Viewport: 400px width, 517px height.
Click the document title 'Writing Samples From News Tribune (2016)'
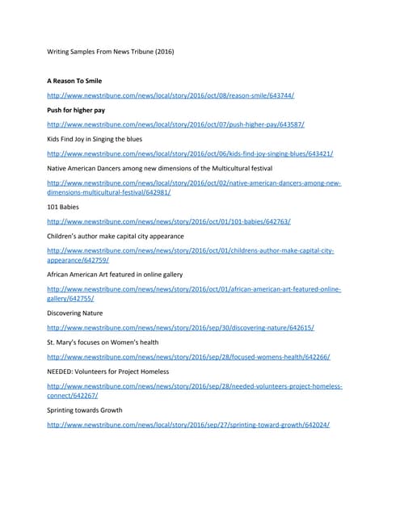pos(110,52)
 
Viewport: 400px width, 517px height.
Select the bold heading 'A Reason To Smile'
pos(74,81)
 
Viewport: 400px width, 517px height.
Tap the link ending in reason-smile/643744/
pos(170,95)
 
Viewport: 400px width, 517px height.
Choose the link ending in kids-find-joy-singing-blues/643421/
pos(190,153)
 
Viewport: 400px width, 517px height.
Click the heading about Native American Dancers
pos(159,168)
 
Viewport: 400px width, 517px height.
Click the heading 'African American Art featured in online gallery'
pos(115,275)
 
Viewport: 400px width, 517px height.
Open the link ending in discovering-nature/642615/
pos(180,328)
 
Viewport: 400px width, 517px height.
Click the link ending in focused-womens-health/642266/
pos(188,357)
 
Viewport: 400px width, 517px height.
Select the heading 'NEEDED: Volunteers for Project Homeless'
pos(108,372)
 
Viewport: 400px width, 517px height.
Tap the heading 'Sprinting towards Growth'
pos(85,410)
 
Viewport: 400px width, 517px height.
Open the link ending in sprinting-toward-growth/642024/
pos(188,425)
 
